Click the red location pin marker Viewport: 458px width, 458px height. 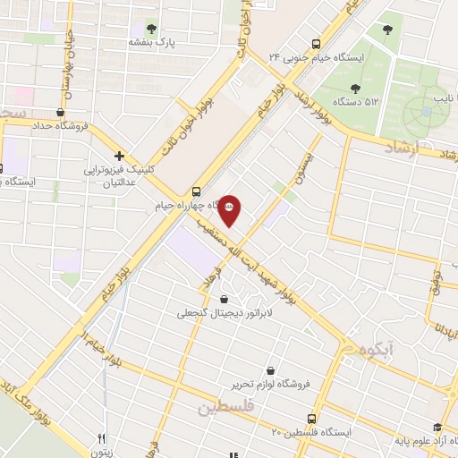[x=230, y=209]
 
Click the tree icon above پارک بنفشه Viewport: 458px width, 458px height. [x=150, y=29]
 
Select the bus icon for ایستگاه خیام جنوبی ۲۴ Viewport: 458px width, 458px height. [x=315, y=44]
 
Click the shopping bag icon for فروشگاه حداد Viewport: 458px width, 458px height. [x=59, y=112]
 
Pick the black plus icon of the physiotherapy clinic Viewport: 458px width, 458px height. [x=119, y=155]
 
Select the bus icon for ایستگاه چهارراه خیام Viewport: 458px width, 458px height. [x=196, y=191]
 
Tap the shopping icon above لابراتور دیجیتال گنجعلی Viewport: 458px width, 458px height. [x=223, y=299]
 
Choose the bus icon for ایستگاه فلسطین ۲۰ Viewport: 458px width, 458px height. [x=311, y=418]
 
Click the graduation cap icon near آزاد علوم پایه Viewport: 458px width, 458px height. [x=437, y=428]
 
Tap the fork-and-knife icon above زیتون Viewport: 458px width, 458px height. [x=101, y=438]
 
